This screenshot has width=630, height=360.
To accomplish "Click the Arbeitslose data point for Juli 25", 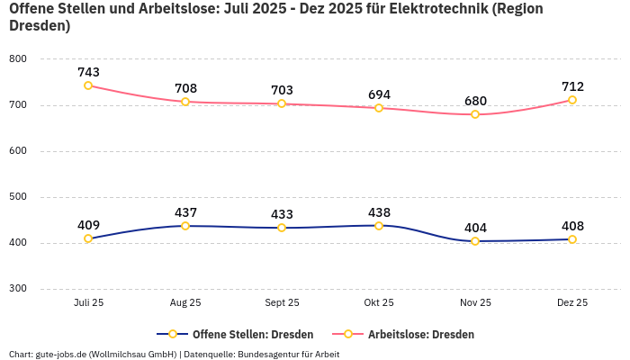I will click(x=88, y=85).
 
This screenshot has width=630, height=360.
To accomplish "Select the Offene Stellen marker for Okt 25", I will click(x=379, y=226).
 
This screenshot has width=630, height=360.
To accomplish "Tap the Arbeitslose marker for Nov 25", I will click(x=475, y=114).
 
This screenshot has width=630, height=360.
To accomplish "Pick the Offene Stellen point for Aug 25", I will click(x=185, y=226).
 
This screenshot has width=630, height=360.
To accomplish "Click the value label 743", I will click(x=88, y=72).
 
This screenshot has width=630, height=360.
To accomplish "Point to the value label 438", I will click(x=379, y=212).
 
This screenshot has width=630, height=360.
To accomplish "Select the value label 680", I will click(x=475, y=101).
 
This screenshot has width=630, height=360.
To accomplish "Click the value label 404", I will click(x=475, y=228).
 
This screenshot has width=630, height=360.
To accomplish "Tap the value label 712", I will click(x=572, y=86).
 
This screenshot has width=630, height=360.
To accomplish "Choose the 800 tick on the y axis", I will click(x=18, y=59).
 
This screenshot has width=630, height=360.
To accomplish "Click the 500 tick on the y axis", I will click(x=18, y=197).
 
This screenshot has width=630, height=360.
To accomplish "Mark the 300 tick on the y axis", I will click(x=18, y=289).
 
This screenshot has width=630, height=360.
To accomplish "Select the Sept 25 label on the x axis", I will click(x=282, y=303).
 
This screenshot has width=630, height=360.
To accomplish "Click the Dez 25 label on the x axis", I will click(x=572, y=303).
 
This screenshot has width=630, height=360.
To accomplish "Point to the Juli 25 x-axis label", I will click(x=88, y=303).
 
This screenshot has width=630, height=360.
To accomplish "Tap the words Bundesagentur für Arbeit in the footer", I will click(x=288, y=354).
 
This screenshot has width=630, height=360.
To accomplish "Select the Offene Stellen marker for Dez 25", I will click(x=572, y=239).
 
